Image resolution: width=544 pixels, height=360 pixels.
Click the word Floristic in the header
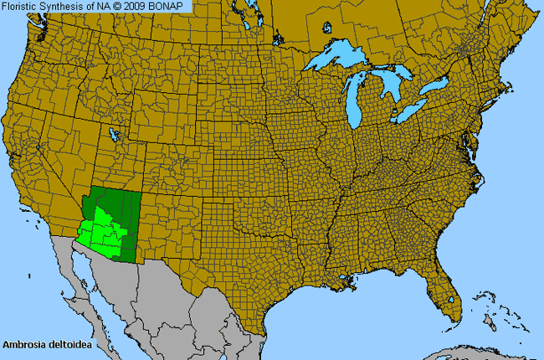click(23, 7)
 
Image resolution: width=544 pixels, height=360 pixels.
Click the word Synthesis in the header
click(66, 7)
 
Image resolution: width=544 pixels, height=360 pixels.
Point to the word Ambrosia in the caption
click(23, 344)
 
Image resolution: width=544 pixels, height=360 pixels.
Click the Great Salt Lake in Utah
click(113, 133)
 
